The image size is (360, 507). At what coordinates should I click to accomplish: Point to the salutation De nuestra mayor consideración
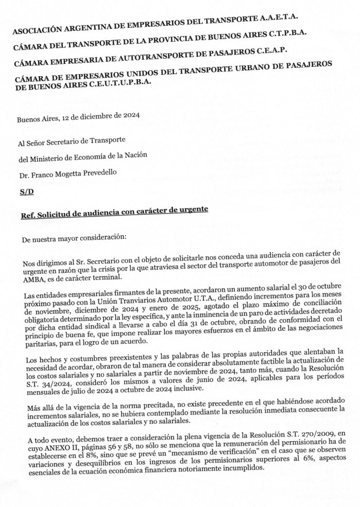point(71,239)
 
